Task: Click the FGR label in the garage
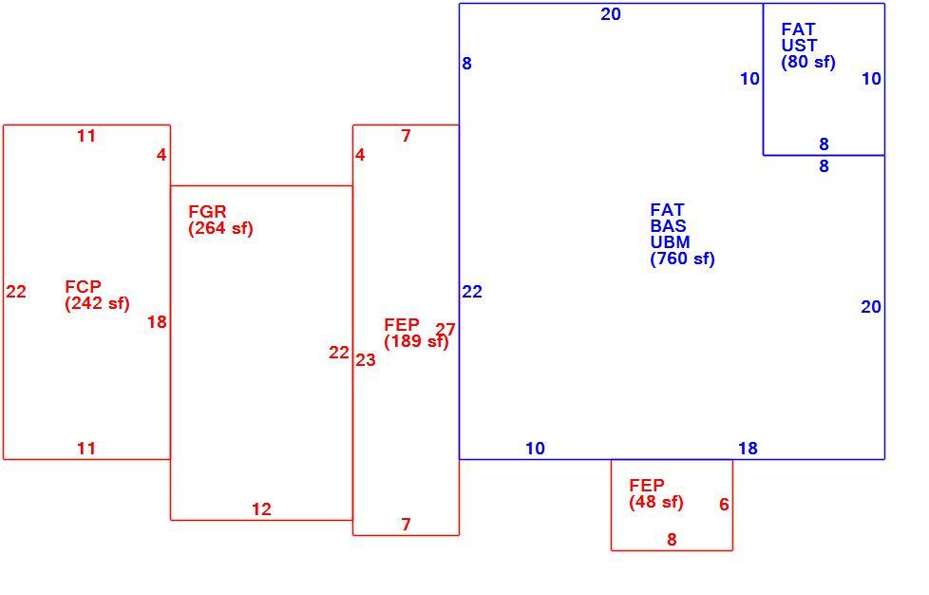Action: pyautogui.click(x=207, y=212)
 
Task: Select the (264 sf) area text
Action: pyautogui.click(x=220, y=228)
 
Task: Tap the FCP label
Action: pyautogui.click(x=83, y=287)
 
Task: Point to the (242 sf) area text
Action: pyautogui.click(x=97, y=303)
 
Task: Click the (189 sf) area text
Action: pyautogui.click(x=416, y=341)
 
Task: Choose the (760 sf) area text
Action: pyautogui.click(x=683, y=259)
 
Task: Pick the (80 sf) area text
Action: pyautogui.click(x=808, y=62)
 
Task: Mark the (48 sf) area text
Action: pyautogui.click(x=656, y=503)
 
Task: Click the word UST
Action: pyautogui.click(x=799, y=46)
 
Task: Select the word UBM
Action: pyautogui.click(x=670, y=242)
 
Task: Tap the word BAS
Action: pyautogui.click(x=669, y=226)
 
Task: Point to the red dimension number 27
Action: pyautogui.click(x=446, y=330)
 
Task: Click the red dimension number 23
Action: pyautogui.click(x=366, y=360)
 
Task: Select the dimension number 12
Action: pyautogui.click(x=261, y=509)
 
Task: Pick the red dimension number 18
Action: pyautogui.click(x=157, y=322)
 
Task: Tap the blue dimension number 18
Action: pyautogui.click(x=748, y=449)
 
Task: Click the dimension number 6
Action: pyautogui.click(x=724, y=505)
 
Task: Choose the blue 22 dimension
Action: pyautogui.click(x=472, y=292)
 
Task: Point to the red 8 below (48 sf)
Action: pyautogui.click(x=672, y=540)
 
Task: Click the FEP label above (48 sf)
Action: pyautogui.click(x=647, y=486)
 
